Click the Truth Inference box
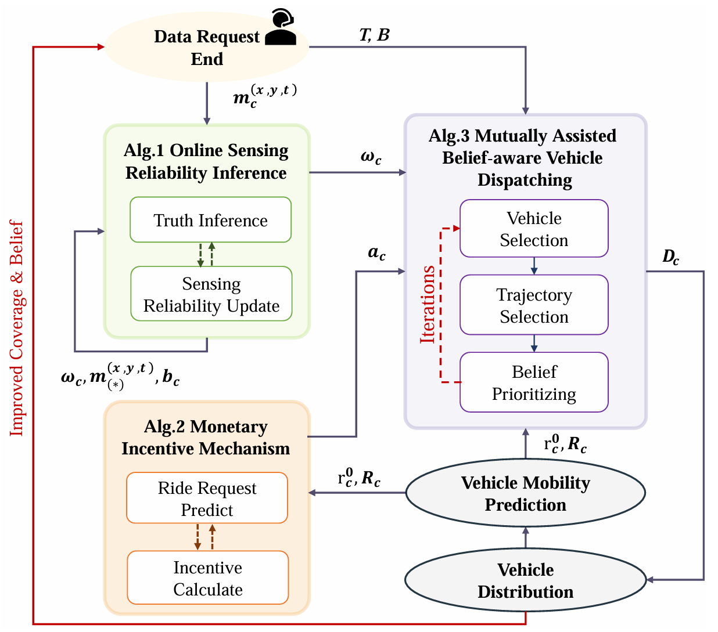210,220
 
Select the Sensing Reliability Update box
211,294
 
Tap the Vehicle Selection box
534,229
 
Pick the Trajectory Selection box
534,305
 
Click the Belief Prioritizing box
534,382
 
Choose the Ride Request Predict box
207,499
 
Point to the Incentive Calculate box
208,578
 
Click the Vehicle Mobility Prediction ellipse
525,493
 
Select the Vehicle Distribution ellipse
525,580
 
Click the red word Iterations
428,305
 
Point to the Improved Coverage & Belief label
17,328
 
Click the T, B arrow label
374,35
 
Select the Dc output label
671,257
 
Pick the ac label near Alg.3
377,253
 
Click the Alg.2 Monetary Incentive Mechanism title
206,438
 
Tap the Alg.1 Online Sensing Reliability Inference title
206,161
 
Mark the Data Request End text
207,48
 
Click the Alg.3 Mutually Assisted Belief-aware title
523,157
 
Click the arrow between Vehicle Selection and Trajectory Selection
534,266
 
